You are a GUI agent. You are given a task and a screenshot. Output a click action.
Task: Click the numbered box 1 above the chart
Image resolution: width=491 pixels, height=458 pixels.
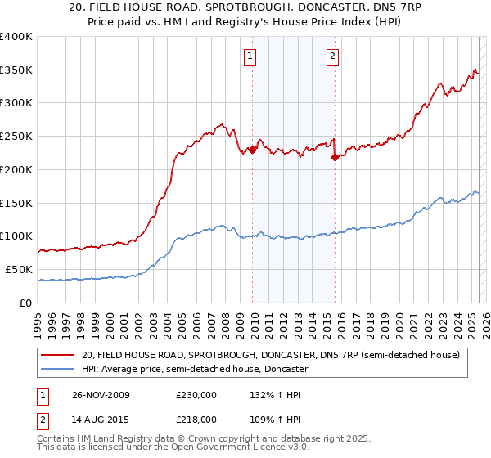pyautogui.click(x=249, y=56)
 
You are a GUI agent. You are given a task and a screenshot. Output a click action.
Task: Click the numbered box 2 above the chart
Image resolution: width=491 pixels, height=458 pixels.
pyautogui.click(x=333, y=56)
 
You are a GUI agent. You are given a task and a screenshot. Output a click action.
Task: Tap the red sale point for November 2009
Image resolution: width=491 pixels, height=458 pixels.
pyautogui.click(x=253, y=150)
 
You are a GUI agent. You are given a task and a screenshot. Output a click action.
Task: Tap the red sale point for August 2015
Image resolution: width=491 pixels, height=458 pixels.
pyautogui.click(x=335, y=158)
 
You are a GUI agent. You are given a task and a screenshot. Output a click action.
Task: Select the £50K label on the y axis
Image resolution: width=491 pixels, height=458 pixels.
pyautogui.click(x=20, y=269)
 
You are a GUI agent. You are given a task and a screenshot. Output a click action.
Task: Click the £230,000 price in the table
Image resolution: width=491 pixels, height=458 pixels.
pyautogui.click(x=196, y=395)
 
